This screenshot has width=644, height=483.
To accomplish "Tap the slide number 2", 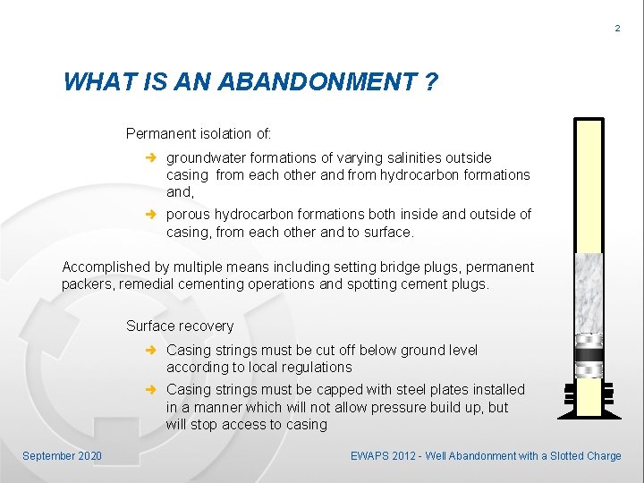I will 617,30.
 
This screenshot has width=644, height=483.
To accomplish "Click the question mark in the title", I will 431,82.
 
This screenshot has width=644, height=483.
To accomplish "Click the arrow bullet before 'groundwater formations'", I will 152,158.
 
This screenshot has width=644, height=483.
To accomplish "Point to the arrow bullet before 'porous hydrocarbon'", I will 152,215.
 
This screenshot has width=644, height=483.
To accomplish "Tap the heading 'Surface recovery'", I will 180,326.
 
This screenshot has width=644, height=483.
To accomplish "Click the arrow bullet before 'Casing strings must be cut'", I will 152,350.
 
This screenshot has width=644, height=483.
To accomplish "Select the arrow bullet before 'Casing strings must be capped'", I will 152,389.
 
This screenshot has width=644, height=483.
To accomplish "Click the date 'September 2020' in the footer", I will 63,456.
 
